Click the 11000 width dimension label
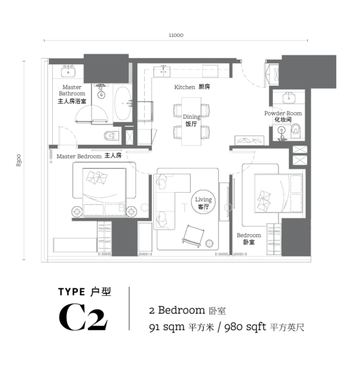click(x=176, y=35)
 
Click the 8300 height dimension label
click(x=19, y=160)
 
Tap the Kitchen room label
click(x=184, y=87)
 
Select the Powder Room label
click(x=283, y=113)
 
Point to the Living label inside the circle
click(x=203, y=200)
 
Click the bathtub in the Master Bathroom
click(x=123, y=103)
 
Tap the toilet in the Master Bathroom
click(x=111, y=136)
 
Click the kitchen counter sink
click(x=162, y=71)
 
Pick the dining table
click(x=191, y=121)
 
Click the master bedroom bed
click(x=104, y=192)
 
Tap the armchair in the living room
click(x=193, y=236)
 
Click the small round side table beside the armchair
click(x=209, y=243)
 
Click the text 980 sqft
click(x=245, y=327)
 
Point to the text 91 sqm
click(x=167, y=327)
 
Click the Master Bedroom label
click(x=79, y=156)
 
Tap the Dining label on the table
click(x=192, y=117)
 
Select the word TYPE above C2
click(x=72, y=291)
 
